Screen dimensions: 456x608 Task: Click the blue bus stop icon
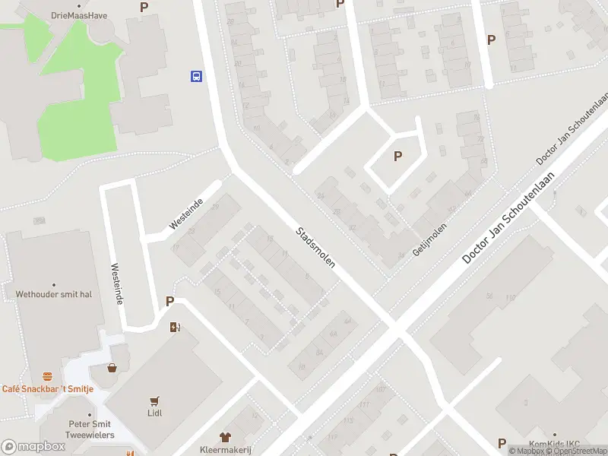point(196,76)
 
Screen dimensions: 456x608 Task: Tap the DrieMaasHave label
point(78,14)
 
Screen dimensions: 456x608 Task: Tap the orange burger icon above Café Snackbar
point(47,376)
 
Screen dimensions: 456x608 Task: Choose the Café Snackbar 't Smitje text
point(47,388)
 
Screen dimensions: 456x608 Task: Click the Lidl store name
point(155,413)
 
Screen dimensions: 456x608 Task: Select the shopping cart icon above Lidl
point(155,401)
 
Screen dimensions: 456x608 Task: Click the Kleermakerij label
point(225,449)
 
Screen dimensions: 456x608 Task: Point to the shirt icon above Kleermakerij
point(225,437)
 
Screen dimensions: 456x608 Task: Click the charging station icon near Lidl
point(175,328)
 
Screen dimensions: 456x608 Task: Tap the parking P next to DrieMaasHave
point(144,7)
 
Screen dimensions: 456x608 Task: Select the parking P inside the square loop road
point(397,157)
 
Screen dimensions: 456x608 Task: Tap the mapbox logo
point(33,446)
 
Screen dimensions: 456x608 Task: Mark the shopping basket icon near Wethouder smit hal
point(112,368)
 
